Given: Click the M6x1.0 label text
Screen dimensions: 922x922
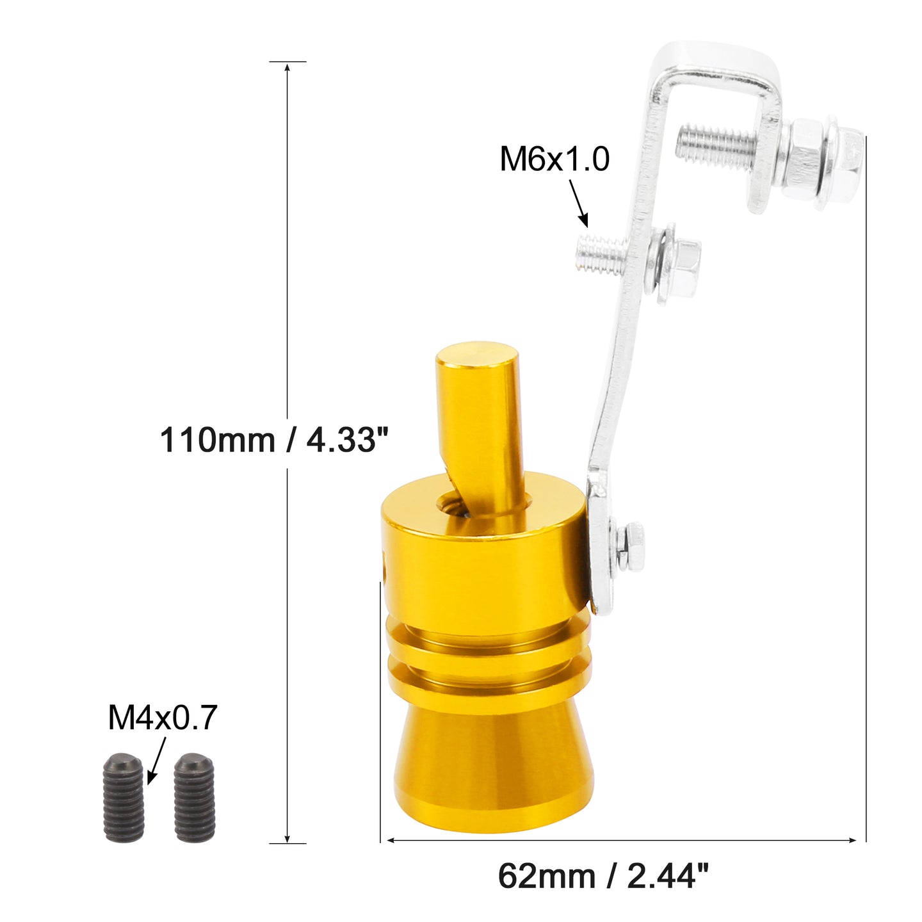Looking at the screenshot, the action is pos(554,159).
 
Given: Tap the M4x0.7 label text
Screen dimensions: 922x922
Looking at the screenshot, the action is pos(163,717).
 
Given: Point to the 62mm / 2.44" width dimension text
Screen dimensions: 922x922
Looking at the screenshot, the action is pos(603,877).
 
